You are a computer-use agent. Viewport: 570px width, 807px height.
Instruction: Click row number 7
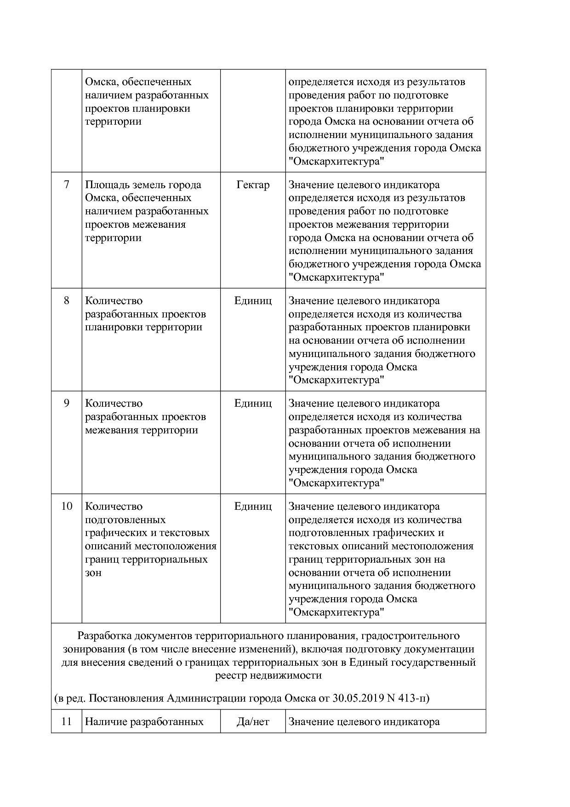tap(67, 185)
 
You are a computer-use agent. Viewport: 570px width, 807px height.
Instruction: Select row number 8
tap(67, 301)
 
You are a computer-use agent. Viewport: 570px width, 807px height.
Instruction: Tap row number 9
tap(67, 403)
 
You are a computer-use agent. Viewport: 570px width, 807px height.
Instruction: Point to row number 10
tap(67, 507)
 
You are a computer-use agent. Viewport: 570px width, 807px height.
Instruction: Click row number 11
tap(67, 721)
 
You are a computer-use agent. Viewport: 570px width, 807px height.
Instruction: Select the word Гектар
tap(253, 185)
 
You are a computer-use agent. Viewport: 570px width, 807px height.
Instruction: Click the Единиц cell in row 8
tap(253, 301)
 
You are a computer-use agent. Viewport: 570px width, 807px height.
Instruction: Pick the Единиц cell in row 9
tap(253, 403)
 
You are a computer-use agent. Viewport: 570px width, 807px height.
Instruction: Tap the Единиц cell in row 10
tap(253, 507)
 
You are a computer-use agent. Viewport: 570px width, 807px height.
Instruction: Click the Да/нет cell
tap(253, 721)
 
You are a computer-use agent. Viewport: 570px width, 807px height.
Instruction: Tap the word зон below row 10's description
tap(93, 573)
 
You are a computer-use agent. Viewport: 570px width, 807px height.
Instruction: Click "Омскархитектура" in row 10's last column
tap(336, 613)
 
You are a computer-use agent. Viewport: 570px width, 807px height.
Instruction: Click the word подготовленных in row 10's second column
tap(125, 520)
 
